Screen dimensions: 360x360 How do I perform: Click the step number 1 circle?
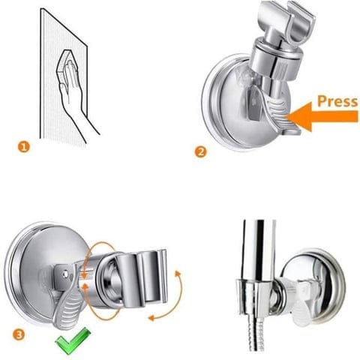(x=25, y=148)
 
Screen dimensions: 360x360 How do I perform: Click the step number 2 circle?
(x=200, y=151)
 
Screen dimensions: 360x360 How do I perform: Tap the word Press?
(x=336, y=100)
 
